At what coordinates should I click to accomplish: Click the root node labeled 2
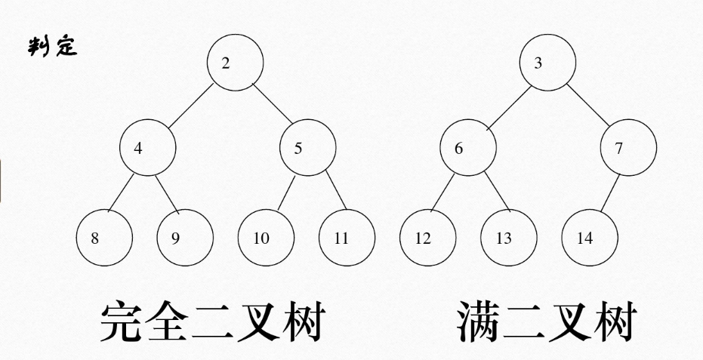pyautogui.click(x=236, y=63)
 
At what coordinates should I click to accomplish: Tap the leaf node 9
pyautogui.click(x=185, y=238)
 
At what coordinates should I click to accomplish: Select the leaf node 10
pyautogui.click(x=266, y=238)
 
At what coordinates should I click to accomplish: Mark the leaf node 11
pyautogui.click(x=347, y=238)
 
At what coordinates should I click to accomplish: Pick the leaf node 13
pyautogui.click(x=507, y=238)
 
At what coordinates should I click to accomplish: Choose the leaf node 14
pyautogui.click(x=589, y=238)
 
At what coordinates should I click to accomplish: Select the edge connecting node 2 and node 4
pyautogui.click(x=190, y=106)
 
